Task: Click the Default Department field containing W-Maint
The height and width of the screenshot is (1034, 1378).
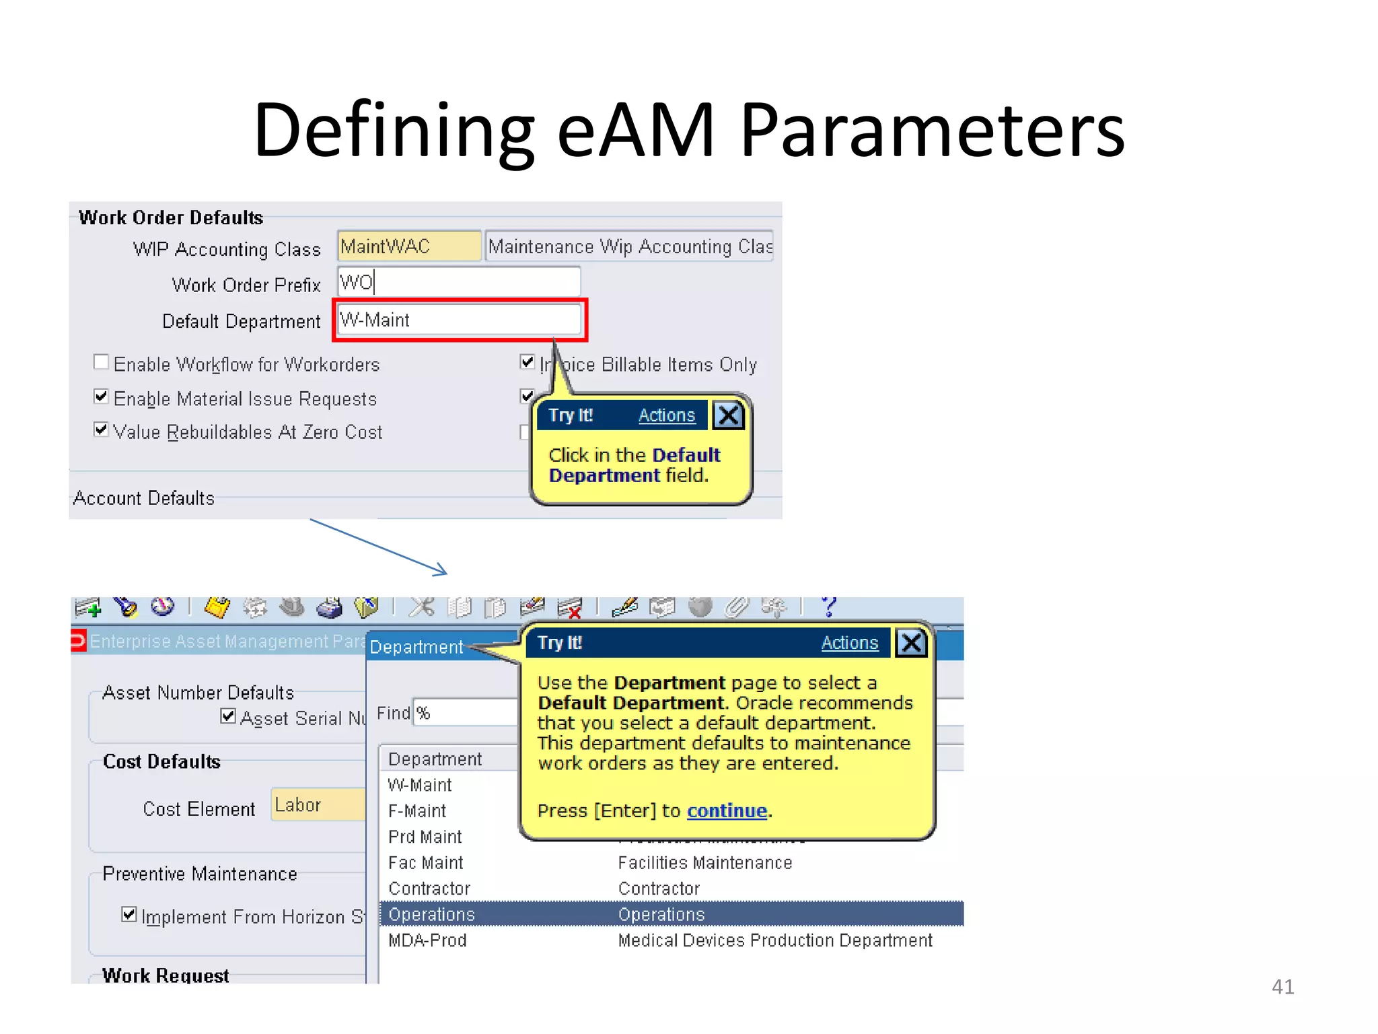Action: [x=459, y=320]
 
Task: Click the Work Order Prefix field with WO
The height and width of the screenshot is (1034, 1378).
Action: [x=459, y=282]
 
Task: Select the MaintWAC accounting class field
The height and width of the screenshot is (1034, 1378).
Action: [x=408, y=246]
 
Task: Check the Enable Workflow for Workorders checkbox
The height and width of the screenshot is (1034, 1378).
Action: [x=101, y=363]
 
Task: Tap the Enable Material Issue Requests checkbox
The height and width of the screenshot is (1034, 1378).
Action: [x=101, y=397]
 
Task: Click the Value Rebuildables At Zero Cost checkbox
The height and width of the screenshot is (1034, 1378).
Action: [x=101, y=430]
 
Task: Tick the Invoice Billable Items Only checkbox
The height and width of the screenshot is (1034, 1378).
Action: [x=528, y=363]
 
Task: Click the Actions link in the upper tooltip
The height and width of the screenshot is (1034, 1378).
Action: [x=666, y=415]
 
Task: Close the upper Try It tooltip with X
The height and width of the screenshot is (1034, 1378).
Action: [x=729, y=415]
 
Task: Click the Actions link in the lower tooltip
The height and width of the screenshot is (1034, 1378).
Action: [x=849, y=643]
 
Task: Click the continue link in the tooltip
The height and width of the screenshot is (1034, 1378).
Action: [x=727, y=811]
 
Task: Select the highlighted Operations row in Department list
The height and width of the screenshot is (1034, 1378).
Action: [x=671, y=914]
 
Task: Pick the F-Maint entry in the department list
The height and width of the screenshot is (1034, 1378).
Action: [x=417, y=811]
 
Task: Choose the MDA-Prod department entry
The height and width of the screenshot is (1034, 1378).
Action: [x=427, y=940]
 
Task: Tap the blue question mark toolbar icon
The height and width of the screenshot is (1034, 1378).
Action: [x=828, y=607]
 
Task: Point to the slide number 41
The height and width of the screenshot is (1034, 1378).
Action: [x=1282, y=987]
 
